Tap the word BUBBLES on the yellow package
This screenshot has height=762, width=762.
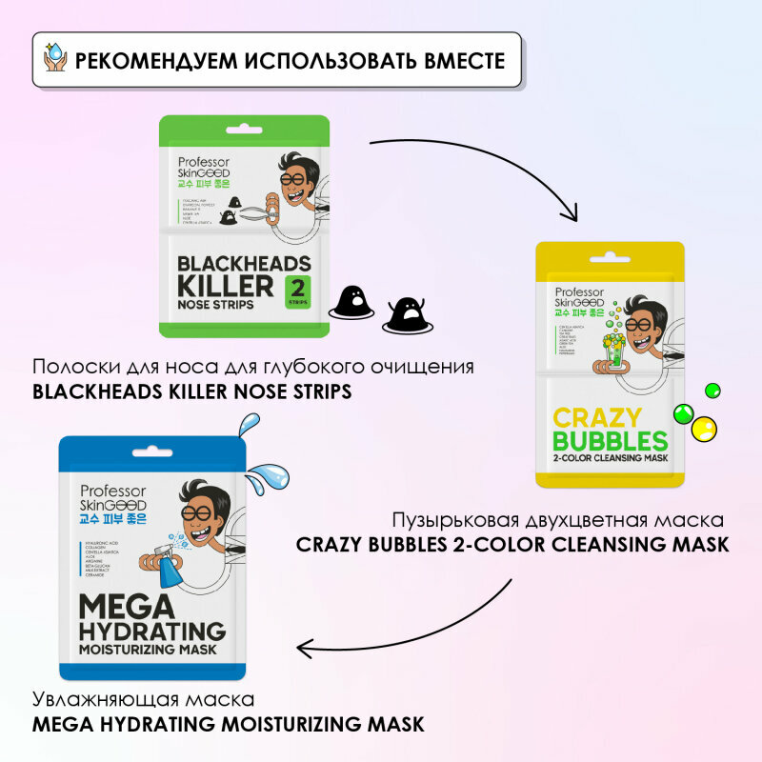pos(610,441)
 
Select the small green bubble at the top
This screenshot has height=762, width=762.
pos(712,391)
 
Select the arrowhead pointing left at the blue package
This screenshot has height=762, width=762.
pos(307,649)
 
